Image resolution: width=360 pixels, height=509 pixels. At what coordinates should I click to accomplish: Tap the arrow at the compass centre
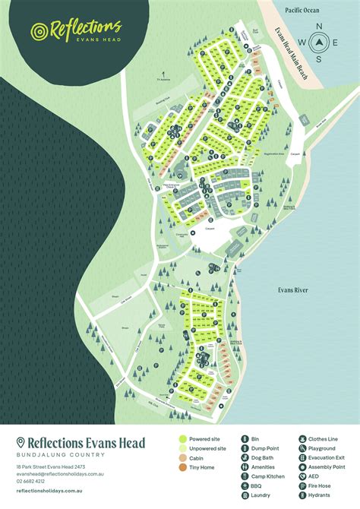pos(319,43)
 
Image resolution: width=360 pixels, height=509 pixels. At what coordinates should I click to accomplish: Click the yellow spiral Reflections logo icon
pos(39,31)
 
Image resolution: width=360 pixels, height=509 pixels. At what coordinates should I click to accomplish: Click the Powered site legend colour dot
pos(182,439)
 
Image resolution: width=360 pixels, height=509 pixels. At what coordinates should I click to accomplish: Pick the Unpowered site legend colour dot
pos(182,449)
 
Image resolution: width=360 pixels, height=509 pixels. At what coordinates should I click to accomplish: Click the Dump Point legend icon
pos(245,449)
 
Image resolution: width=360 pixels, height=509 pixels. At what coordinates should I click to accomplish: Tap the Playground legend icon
pos(302,449)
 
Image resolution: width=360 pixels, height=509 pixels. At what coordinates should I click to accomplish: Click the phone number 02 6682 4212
pos(30,481)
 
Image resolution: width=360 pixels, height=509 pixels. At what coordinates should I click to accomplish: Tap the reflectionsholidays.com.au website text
pos(47,491)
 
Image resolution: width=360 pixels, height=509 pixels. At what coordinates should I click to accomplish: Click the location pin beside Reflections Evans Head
pos(21,442)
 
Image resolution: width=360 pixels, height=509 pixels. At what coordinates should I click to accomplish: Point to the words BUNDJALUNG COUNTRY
pos(59,454)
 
